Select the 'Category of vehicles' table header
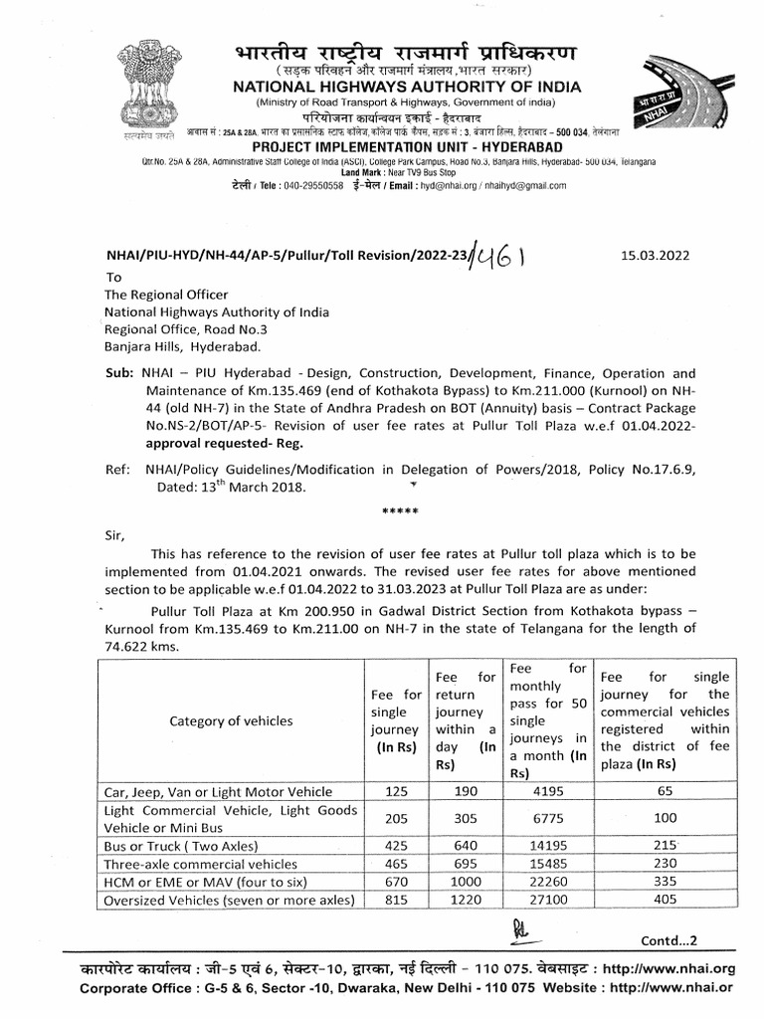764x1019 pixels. click(231, 720)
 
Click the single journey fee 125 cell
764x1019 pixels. click(396, 791)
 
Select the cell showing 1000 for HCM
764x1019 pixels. click(465, 881)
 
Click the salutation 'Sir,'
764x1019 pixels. click(116, 534)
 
